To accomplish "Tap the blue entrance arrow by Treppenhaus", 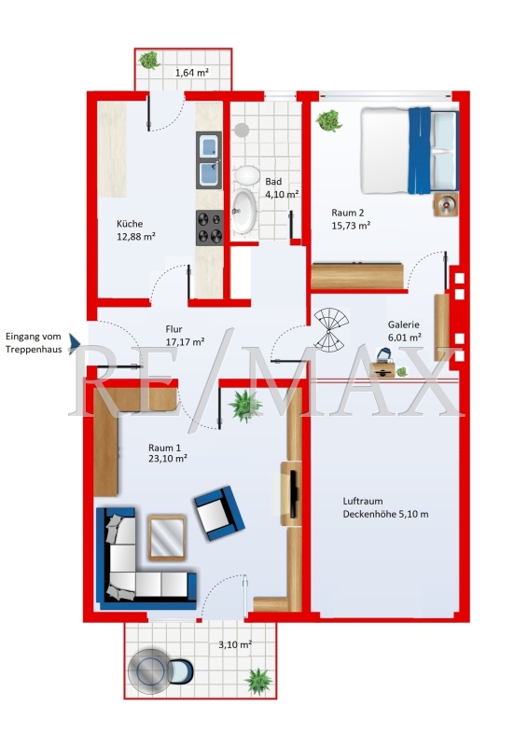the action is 75,343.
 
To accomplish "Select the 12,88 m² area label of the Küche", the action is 136,237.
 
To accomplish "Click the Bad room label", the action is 273,181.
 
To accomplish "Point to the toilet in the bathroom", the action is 247,174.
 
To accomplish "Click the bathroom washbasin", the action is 243,212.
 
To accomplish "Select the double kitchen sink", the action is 209,159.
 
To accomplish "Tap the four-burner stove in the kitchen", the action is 210,228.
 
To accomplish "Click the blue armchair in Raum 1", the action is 219,513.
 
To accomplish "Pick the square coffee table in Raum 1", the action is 167,538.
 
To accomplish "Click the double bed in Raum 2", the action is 410,150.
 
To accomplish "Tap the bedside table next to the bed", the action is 446,204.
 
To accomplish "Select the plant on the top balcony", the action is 149,60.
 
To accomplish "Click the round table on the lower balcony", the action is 150,670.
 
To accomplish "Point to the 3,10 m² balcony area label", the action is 235,645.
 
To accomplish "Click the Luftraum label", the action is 363,501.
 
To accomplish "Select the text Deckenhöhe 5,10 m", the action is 385,515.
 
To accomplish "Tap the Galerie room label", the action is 404,325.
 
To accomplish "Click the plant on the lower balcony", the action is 259,682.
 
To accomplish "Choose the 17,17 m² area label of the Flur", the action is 186,341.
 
